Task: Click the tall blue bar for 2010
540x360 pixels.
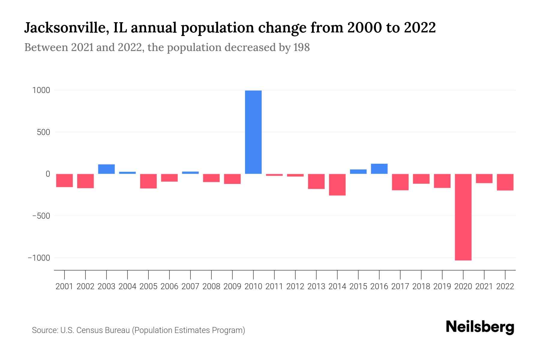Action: (253, 132)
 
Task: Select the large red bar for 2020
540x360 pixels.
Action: (463, 217)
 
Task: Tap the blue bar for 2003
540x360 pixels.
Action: (106, 169)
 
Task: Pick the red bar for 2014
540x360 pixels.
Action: (337, 184)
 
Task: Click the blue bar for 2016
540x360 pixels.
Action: (379, 169)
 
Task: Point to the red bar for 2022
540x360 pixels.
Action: (505, 182)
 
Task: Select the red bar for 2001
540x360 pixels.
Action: (64, 180)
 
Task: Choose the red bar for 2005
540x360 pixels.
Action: (148, 181)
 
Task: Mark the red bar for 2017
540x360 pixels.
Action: (400, 182)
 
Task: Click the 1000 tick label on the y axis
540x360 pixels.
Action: (41, 90)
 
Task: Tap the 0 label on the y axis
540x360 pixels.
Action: (48, 174)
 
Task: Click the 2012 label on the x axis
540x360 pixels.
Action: (295, 286)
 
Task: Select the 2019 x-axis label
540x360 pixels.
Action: (442, 286)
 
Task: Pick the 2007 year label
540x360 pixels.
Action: (190, 286)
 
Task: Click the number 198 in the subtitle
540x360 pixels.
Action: (301, 47)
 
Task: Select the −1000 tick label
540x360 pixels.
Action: (39, 258)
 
